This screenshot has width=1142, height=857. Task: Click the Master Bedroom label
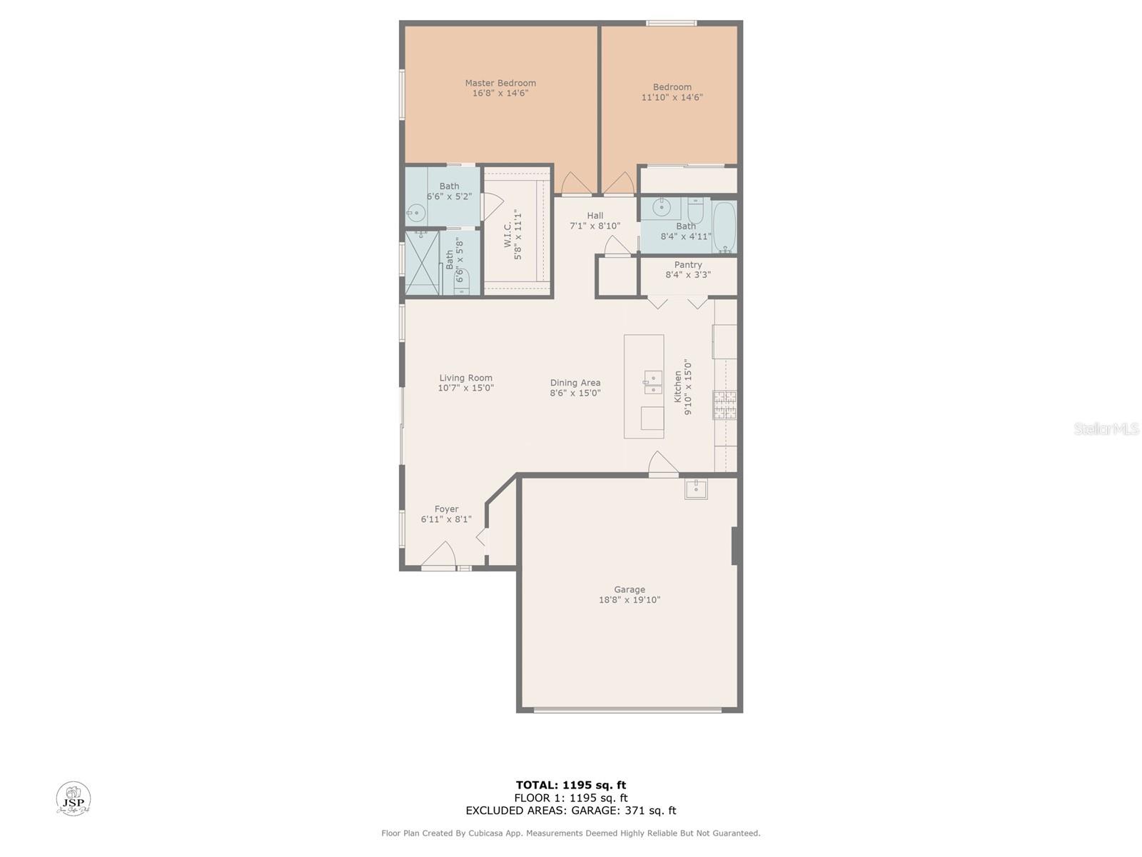[500, 83]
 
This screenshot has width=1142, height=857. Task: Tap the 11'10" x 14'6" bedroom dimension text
[672, 97]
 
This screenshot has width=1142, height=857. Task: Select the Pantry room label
[688, 265]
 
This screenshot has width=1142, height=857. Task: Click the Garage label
[630, 590]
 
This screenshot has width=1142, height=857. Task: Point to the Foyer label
[446, 509]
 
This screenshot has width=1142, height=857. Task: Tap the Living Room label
[465, 378]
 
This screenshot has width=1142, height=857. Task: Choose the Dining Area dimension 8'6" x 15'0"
[575, 393]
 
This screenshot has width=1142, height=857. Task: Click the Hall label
[595, 216]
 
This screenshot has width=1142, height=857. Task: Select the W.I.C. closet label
[507, 235]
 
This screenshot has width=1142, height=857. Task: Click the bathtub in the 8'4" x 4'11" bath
[724, 227]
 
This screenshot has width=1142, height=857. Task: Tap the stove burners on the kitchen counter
[724, 405]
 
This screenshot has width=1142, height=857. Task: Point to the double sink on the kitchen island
[653, 383]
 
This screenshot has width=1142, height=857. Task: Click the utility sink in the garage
[696, 489]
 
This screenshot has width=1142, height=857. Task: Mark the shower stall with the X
[422, 263]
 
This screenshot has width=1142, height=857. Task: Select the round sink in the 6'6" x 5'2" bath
[416, 212]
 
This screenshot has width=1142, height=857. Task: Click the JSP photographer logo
[74, 798]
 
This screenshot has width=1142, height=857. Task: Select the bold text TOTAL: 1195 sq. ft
[571, 785]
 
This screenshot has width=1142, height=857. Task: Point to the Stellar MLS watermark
[1106, 428]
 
